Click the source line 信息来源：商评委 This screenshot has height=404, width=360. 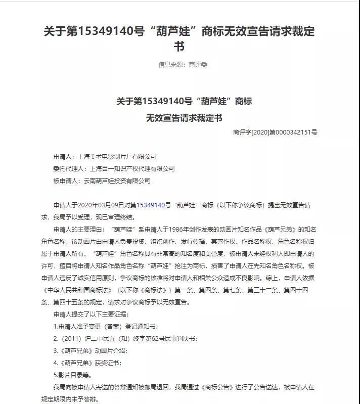183,65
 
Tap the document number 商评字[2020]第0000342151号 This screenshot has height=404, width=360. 275,132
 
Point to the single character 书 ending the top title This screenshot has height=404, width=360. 179,47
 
